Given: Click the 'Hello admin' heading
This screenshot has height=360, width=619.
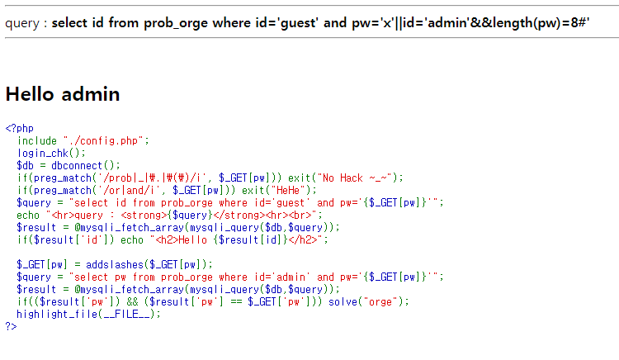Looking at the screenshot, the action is (63, 94).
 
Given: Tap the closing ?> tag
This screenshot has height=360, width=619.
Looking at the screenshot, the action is (10, 326).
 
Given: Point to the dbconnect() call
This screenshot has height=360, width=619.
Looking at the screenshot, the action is (86, 165).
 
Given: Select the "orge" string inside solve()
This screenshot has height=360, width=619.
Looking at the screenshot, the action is (385, 301).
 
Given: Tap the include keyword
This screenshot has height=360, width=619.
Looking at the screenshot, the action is (37, 140).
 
